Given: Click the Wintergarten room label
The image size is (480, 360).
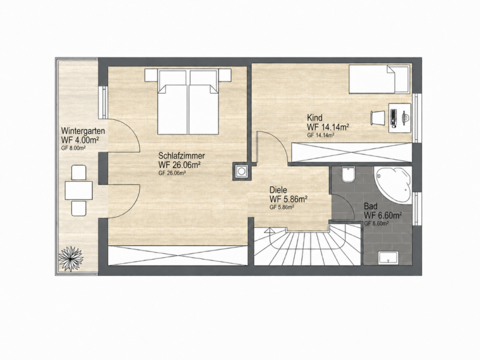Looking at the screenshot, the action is point(83,131).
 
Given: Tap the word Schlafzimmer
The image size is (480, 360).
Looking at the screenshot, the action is point(182,155).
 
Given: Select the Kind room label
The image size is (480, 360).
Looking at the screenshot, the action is point(315,117).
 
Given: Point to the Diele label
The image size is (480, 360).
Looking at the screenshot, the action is point(278,190).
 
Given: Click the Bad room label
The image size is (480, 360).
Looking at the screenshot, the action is point(370,206).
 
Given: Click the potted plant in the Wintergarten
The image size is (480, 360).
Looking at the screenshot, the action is point(71,259).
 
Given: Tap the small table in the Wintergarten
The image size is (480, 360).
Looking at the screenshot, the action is point(79,190).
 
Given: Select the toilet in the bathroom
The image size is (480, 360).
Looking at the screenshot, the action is point(348,174).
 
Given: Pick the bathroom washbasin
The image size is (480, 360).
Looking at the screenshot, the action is point(389,258).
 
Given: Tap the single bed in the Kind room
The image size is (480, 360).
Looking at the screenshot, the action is point(379,79).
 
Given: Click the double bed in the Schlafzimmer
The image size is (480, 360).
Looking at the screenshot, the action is point(188,101).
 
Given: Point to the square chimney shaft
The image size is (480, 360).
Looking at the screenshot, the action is point(242,171).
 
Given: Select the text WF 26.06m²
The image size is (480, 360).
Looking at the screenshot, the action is point(179,165).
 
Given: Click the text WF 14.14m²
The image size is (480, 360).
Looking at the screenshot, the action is point(328,127).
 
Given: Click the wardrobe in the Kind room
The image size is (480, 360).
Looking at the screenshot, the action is point(352,152).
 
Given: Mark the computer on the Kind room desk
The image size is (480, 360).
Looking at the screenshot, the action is point(393,118).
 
